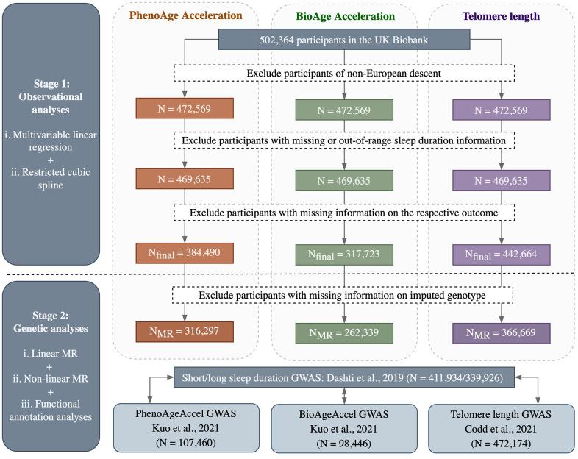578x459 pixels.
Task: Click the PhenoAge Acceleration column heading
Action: (x=186, y=15)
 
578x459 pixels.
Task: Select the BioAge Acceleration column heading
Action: (x=345, y=16)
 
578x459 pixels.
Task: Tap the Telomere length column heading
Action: (x=501, y=16)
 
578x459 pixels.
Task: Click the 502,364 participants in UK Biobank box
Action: (x=344, y=40)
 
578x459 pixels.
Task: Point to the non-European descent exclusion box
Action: (x=344, y=73)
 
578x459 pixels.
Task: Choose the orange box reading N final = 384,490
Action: (x=185, y=253)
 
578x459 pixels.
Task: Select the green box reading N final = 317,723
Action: (x=344, y=255)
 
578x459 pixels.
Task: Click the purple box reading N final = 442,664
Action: (x=502, y=255)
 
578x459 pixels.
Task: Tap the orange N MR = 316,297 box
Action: (x=185, y=332)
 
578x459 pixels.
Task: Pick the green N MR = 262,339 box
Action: (x=344, y=333)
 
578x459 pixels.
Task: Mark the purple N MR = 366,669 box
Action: (x=502, y=333)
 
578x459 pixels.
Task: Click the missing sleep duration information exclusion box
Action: (x=344, y=140)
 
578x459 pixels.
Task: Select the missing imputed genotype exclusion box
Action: (x=343, y=295)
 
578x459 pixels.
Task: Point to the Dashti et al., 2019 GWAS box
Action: (x=344, y=377)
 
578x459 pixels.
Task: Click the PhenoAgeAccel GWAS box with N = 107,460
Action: (x=186, y=427)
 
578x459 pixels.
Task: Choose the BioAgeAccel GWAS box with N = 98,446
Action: (x=344, y=428)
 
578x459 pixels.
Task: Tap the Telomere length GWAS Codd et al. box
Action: (x=502, y=428)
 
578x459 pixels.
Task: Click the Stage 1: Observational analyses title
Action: (x=51, y=96)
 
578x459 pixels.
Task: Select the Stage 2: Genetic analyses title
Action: (x=51, y=322)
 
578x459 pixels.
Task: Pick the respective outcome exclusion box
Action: (x=344, y=213)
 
